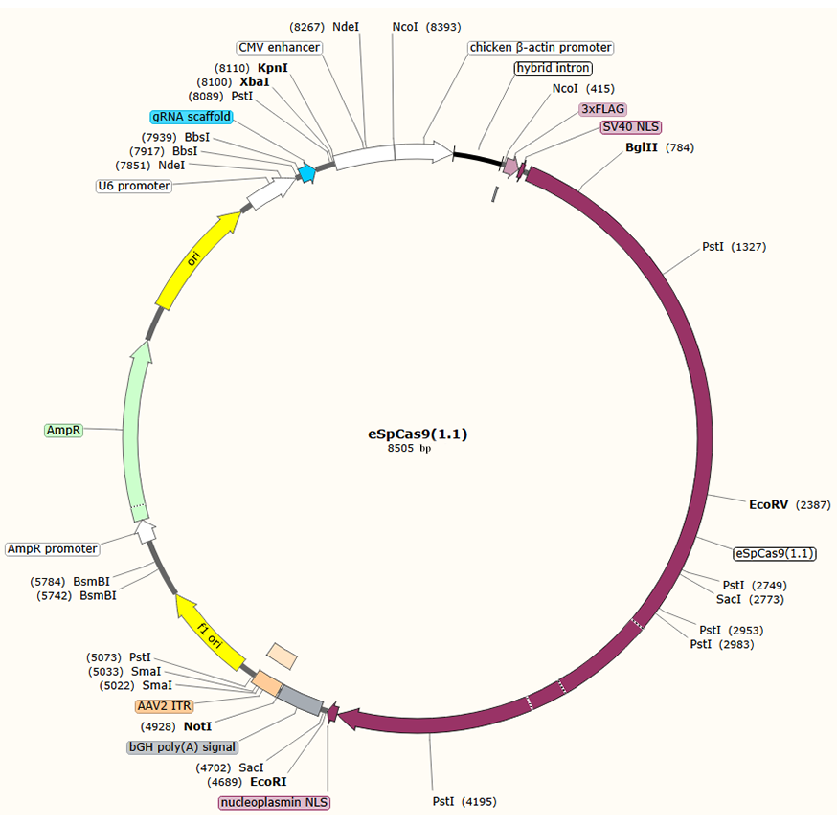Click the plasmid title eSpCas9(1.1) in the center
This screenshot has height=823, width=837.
click(418, 434)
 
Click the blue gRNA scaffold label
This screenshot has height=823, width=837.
click(192, 117)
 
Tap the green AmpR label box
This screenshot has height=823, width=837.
click(64, 431)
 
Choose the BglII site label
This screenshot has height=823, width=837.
click(642, 147)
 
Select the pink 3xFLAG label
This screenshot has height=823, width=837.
click(602, 109)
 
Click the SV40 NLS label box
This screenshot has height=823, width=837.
click(631, 127)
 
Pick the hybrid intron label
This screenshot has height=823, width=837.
click(553, 68)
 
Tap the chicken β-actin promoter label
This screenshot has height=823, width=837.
click(540, 47)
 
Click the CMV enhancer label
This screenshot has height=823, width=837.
click(279, 47)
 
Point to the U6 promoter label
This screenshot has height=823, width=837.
click(134, 186)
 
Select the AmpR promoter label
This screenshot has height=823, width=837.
click(53, 549)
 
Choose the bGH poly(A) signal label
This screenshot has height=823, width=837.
click(182, 746)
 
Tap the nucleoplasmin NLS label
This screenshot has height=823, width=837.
click(274, 802)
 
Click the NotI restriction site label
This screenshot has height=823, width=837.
click(197, 726)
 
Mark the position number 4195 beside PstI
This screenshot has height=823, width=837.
click(478, 801)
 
